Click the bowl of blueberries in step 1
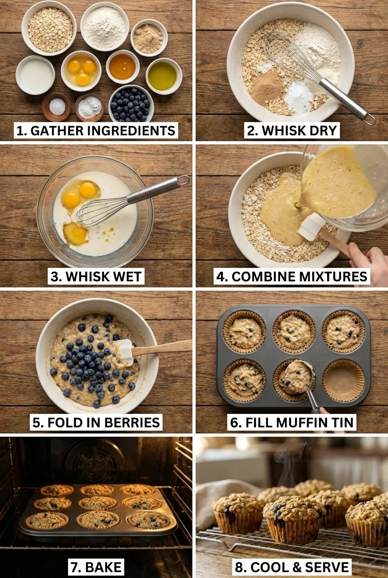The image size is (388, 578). coord(131,104)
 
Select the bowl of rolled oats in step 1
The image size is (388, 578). coord(49,28)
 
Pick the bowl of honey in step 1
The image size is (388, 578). coord(122,66)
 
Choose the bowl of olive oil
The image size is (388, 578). coord(164,76)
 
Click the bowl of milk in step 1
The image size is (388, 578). coord(35,75)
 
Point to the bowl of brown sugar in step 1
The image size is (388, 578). coord(149,38)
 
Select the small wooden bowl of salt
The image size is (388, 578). coord(57,107)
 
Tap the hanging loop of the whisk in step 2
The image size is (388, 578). coord(370,119)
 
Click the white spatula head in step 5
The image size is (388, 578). coord(125,352)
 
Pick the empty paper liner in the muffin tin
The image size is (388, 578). coord(344,380)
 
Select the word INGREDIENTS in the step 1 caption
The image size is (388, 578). coord(131,131)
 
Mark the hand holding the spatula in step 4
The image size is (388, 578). coord(368,261)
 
